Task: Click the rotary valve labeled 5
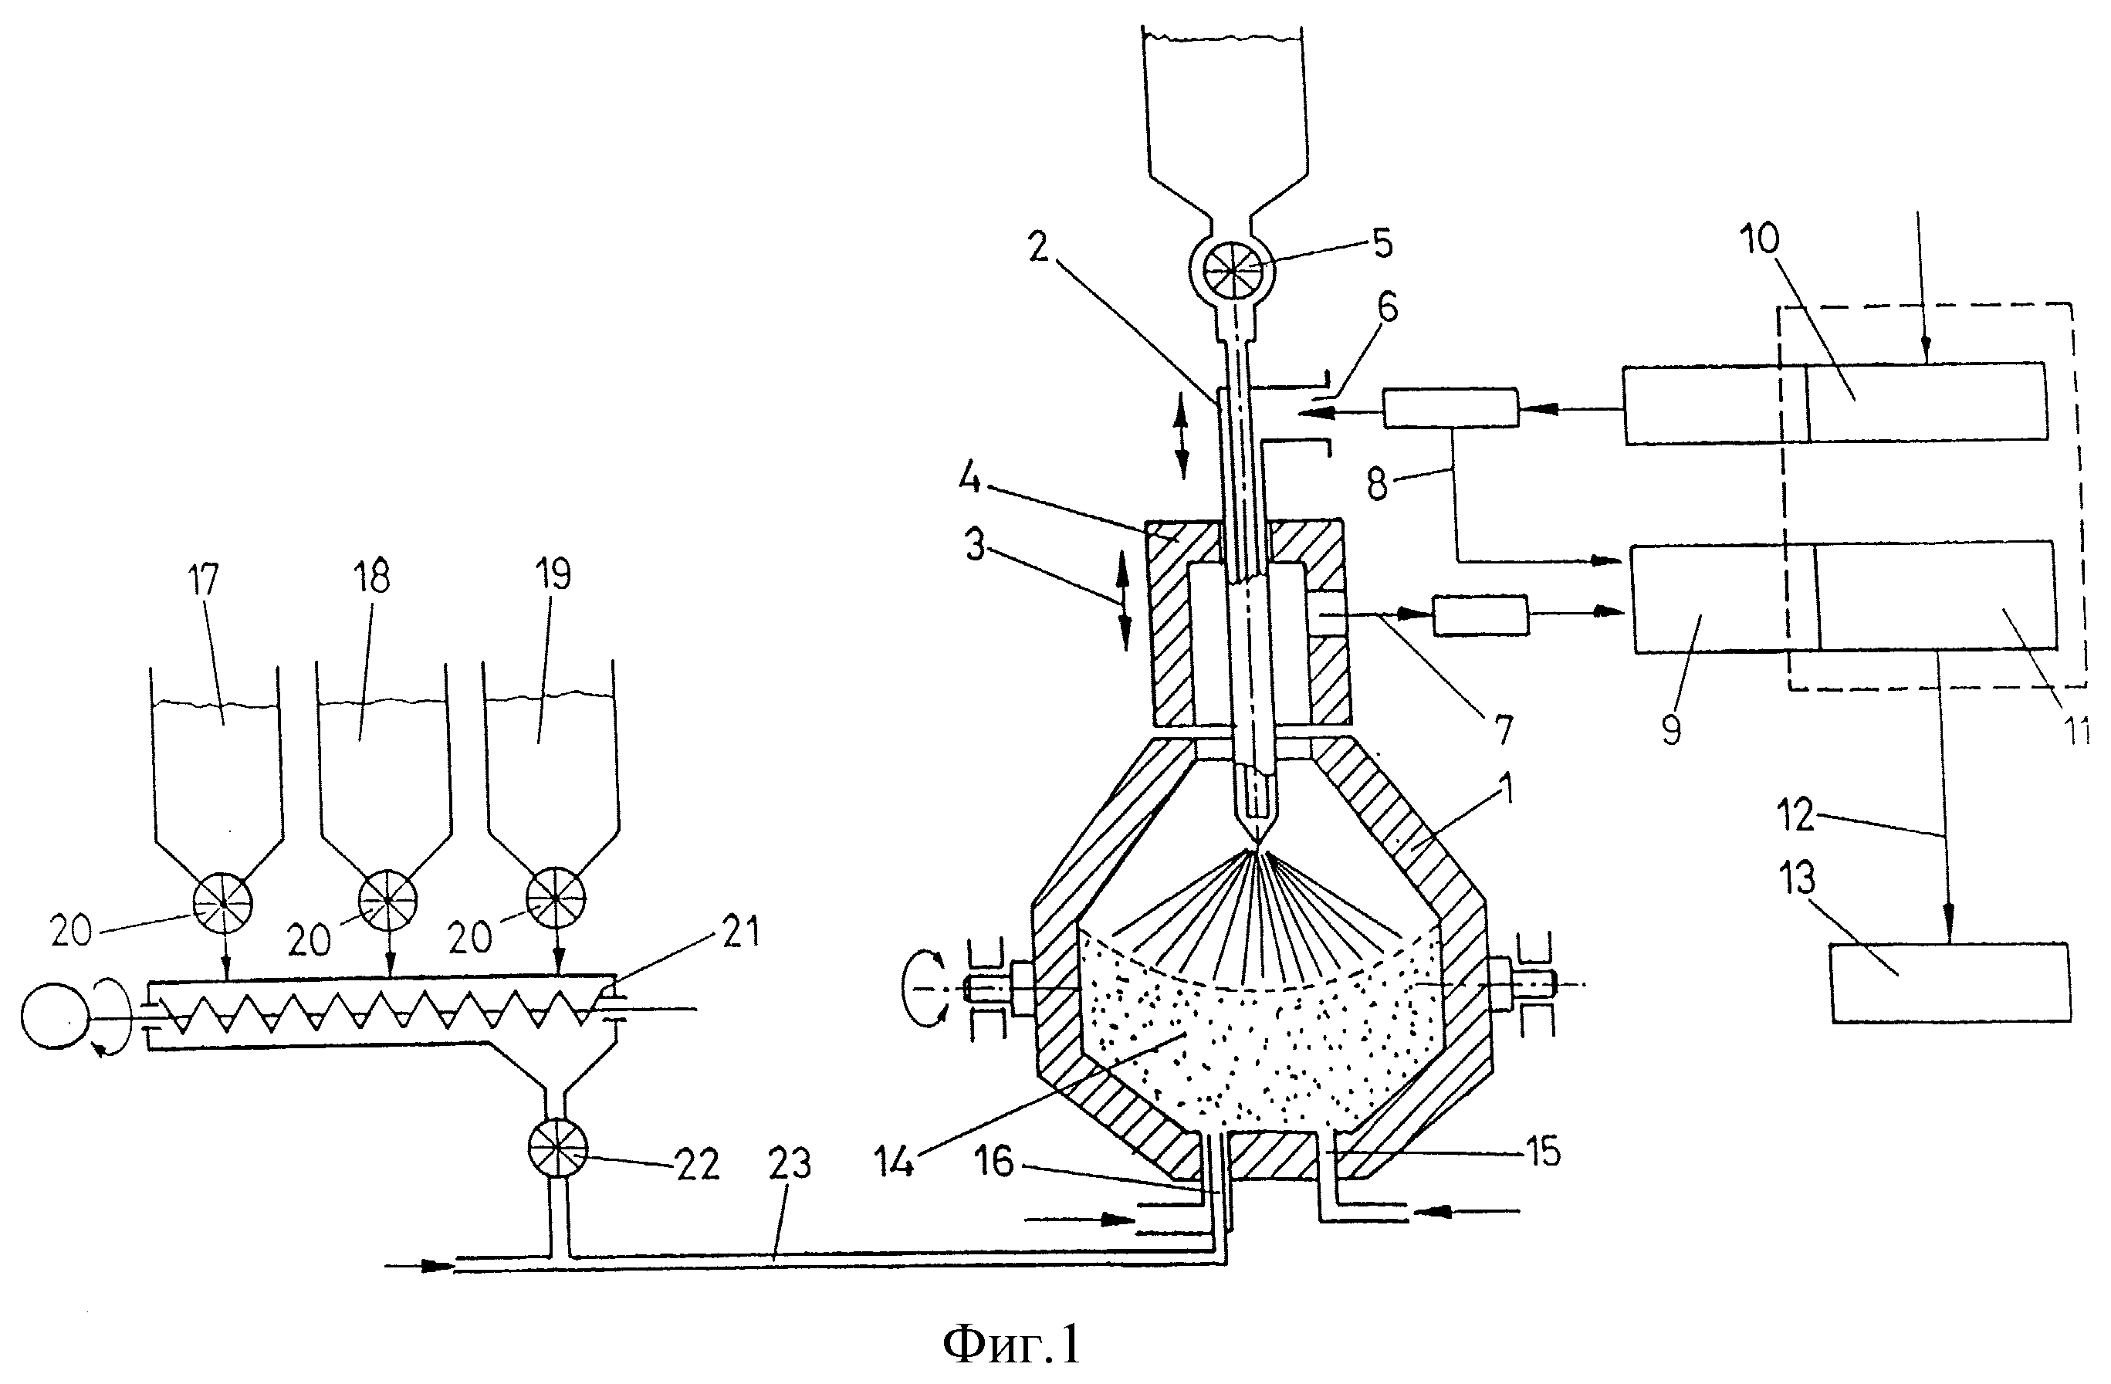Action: click(x=1232, y=266)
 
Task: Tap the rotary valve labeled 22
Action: click(x=557, y=1149)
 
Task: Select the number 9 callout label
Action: click(x=1672, y=730)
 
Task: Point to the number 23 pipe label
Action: click(x=790, y=1162)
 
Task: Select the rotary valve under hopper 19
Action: click(x=557, y=897)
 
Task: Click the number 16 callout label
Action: click(x=993, y=1162)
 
